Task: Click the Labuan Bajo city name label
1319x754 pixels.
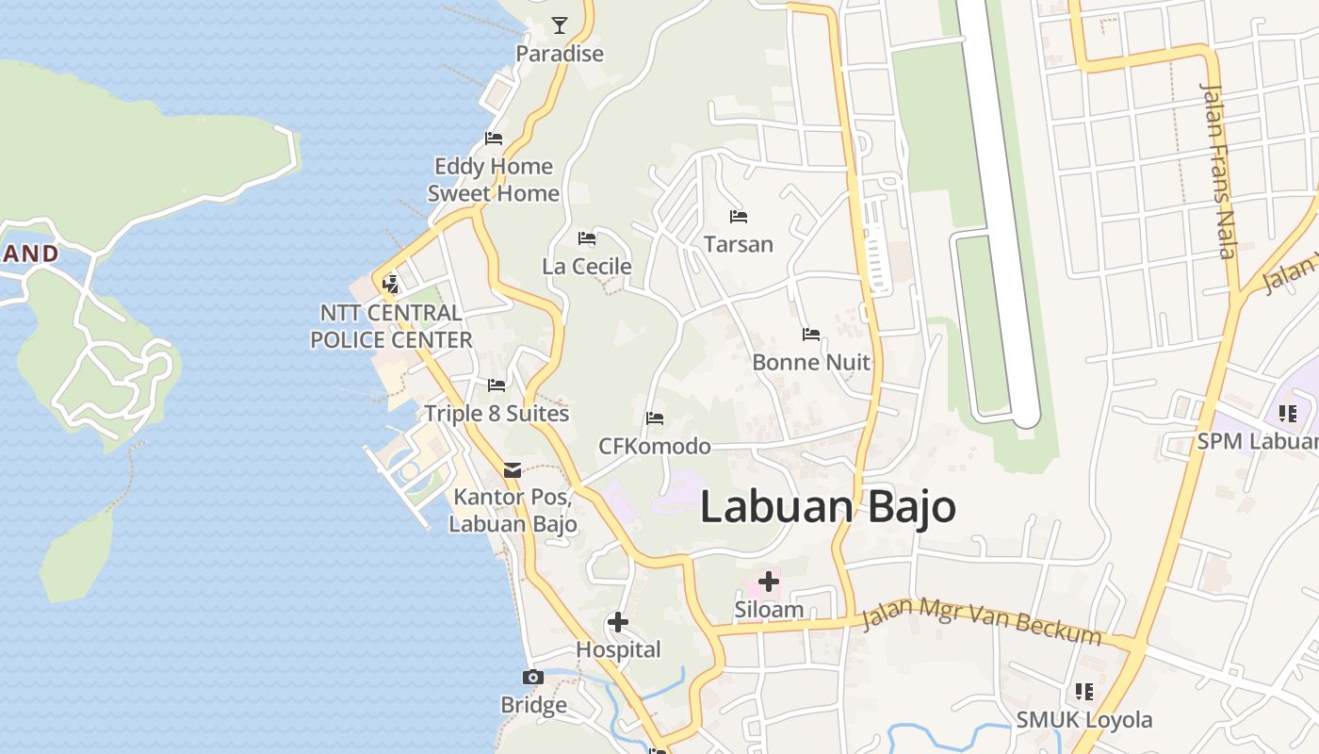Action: pos(827,507)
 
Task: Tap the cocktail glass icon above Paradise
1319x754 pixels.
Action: pos(560,25)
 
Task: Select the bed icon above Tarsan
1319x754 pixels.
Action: pos(739,217)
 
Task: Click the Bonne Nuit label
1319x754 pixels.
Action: pos(811,363)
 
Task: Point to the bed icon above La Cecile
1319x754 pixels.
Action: pos(587,238)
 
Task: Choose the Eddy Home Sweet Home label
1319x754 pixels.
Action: pos(494,180)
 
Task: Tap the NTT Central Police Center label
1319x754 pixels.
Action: pos(391,326)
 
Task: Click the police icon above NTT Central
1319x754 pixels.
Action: pos(390,284)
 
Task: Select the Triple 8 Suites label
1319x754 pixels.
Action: pos(497,414)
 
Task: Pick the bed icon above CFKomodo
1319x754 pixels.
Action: pos(655,418)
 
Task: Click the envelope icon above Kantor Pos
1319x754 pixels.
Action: pos(513,470)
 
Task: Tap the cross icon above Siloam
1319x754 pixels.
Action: pos(768,582)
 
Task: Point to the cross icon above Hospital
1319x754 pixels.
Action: pos(618,622)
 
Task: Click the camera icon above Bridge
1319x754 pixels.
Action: pos(533,678)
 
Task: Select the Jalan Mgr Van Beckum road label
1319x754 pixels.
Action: pos(982,622)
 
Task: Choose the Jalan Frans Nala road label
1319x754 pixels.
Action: pos(1218,170)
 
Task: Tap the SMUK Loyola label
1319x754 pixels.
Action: pos(1083,720)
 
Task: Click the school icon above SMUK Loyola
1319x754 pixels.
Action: pos(1084,693)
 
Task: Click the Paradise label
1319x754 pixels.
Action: pos(560,54)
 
